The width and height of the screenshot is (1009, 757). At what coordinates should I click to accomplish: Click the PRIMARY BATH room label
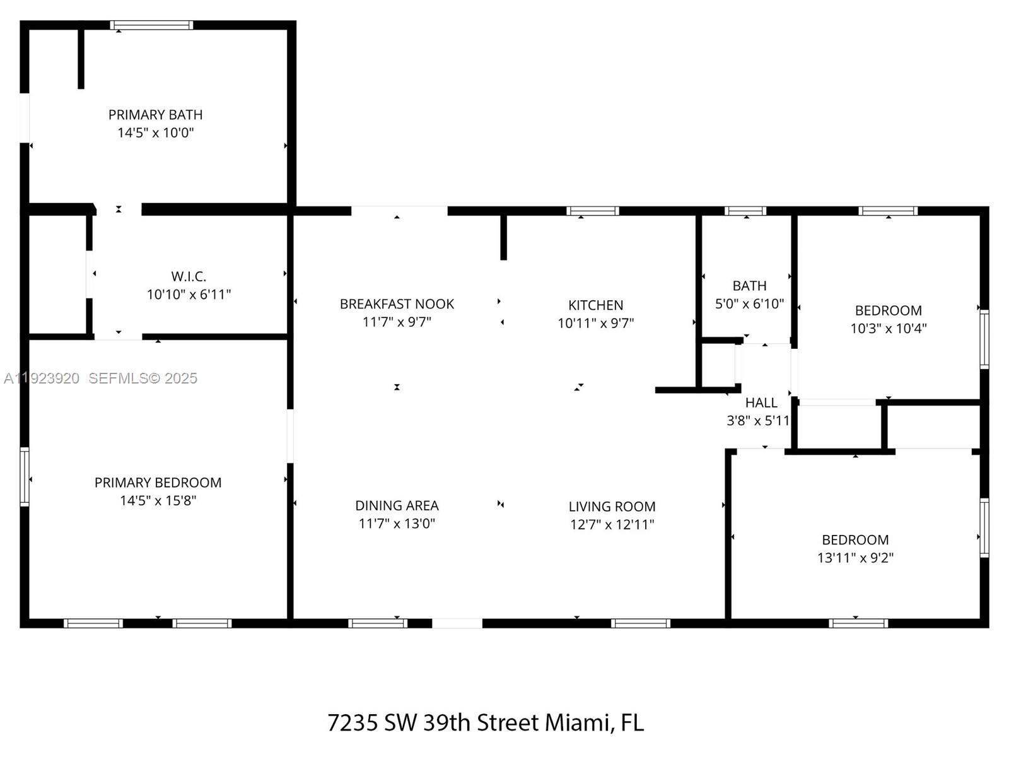point(155,115)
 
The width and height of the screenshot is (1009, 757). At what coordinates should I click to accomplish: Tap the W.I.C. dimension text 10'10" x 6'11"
point(189,295)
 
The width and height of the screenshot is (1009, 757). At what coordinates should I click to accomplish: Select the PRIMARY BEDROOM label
point(158,483)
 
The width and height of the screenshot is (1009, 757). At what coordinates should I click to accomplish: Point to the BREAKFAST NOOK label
point(397,304)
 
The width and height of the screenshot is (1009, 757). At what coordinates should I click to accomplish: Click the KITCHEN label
point(595,305)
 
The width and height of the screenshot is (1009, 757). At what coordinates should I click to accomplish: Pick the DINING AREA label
point(397,505)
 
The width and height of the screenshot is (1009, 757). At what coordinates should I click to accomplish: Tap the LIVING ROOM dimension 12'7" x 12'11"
point(612,524)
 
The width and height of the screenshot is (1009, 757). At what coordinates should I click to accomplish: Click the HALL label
point(761,402)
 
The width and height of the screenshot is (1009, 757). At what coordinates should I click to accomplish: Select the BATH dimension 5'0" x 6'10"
point(749,303)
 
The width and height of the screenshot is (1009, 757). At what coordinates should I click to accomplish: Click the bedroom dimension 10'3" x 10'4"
point(888,328)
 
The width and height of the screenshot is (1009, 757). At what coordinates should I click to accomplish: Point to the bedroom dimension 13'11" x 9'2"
point(855,558)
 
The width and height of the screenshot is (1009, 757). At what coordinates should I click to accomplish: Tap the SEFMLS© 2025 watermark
point(143,378)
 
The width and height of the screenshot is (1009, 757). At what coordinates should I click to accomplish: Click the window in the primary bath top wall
point(151,25)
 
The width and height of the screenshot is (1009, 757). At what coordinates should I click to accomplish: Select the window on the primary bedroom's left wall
point(25,476)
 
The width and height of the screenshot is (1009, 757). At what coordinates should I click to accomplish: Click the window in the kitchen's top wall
point(592,211)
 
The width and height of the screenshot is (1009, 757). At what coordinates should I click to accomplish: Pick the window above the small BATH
point(745,211)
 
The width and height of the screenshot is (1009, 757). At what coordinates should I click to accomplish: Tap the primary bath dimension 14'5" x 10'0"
point(155,132)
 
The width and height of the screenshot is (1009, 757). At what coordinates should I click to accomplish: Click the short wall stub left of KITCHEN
point(503,237)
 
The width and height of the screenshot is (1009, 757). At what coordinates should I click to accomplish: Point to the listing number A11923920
point(42,378)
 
